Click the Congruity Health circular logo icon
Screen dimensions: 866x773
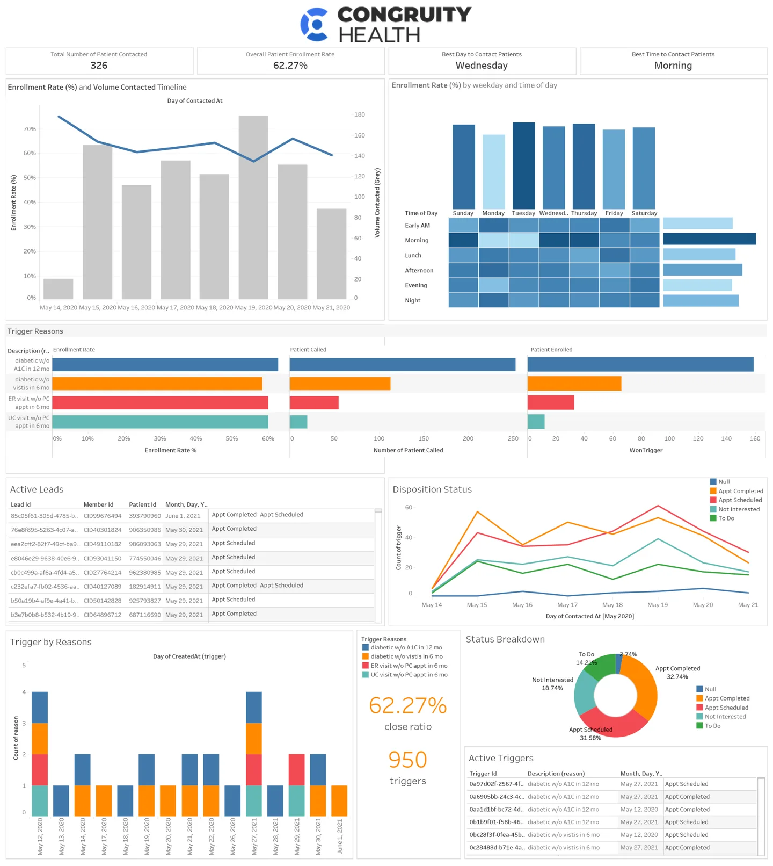(x=315, y=25)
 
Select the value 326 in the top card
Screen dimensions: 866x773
(x=99, y=66)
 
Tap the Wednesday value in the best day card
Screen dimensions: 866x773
(x=482, y=66)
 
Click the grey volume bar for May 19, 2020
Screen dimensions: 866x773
(x=253, y=207)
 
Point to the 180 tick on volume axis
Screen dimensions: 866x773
(x=359, y=114)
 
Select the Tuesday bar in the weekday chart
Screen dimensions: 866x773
(x=523, y=165)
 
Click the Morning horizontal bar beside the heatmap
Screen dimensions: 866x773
(x=709, y=239)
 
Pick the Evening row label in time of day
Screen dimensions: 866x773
(x=416, y=285)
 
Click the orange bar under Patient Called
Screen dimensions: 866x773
(x=340, y=384)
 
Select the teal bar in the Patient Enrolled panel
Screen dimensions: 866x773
(x=536, y=422)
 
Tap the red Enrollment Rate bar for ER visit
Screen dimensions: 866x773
(x=160, y=403)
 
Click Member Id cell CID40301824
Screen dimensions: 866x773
(x=103, y=530)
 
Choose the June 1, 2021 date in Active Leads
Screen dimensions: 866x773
(x=183, y=516)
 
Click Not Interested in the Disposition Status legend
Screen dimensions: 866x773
(x=739, y=509)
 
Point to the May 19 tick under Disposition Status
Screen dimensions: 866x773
(x=658, y=605)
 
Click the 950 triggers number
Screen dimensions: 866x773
(x=407, y=760)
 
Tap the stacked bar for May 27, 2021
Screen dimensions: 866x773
(x=254, y=752)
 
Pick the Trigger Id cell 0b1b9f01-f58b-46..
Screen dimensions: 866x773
(x=496, y=822)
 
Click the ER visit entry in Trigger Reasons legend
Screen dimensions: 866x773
(x=409, y=666)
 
